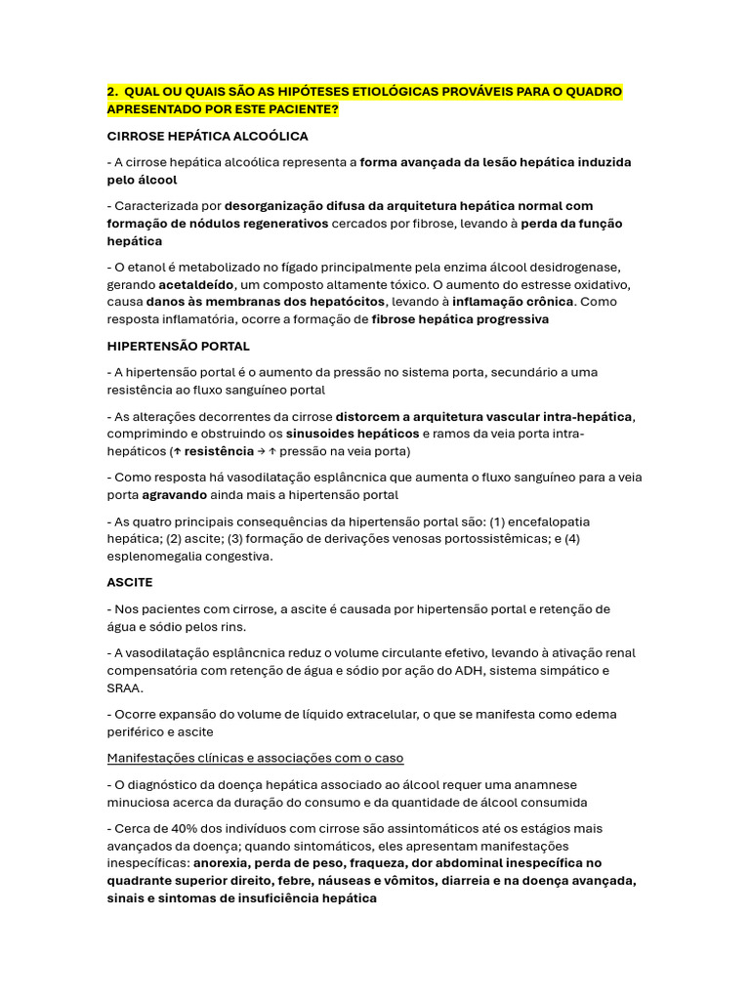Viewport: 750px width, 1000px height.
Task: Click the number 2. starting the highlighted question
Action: pos(113,92)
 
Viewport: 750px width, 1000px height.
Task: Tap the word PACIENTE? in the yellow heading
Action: pos(306,109)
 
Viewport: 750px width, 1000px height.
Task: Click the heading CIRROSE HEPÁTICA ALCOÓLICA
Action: pos(207,136)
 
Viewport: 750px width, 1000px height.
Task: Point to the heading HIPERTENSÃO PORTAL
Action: pos(178,346)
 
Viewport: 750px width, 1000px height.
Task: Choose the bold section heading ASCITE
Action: pos(130,582)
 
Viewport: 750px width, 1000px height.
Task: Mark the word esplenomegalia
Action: pos(157,557)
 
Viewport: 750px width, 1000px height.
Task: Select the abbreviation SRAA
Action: pos(125,687)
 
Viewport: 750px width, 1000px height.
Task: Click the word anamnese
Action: pos(581,784)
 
